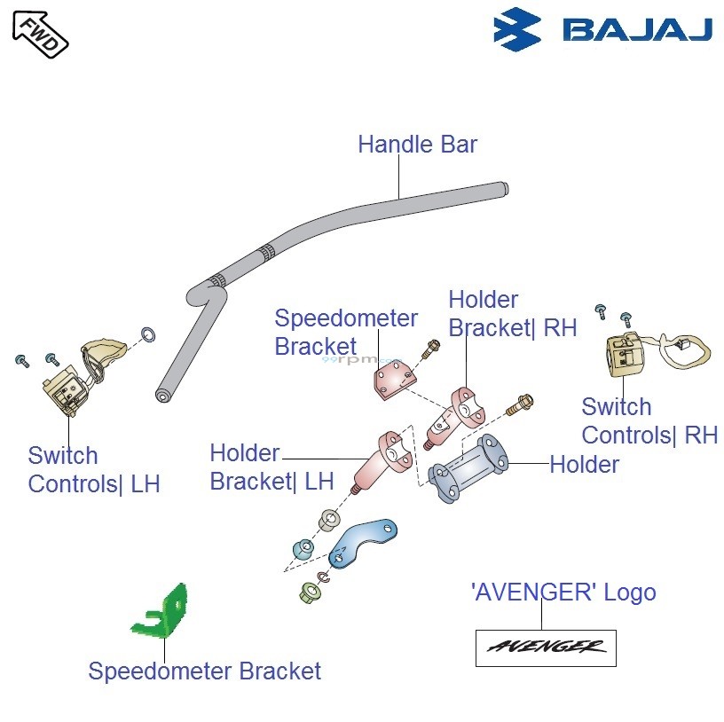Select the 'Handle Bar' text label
pyautogui.click(x=417, y=145)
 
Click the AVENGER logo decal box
pyautogui.click(x=546, y=647)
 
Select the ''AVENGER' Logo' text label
pyautogui.click(x=563, y=593)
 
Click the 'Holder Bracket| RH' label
pyautogui.click(x=512, y=314)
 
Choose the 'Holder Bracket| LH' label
pyautogui.click(x=271, y=467)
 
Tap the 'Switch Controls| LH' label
pyautogui.click(x=93, y=470)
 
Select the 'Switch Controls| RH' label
pyautogui.click(x=649, y=421)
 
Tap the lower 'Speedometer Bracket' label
pyautogui.click(x=204, y=671)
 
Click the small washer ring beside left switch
pyautogui.click(x=150, y=334)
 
